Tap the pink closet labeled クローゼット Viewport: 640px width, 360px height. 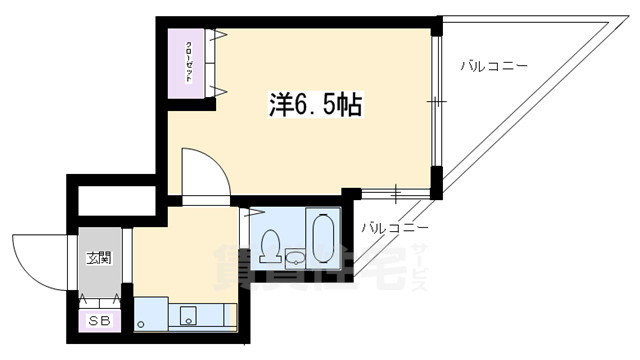[188, 62]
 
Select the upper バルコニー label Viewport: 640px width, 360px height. [494, 66]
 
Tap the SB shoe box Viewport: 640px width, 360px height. [100, 321]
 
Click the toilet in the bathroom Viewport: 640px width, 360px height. [269, 244]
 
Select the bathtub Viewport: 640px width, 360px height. [323, 240]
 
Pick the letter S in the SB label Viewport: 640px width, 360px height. [94, 321]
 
